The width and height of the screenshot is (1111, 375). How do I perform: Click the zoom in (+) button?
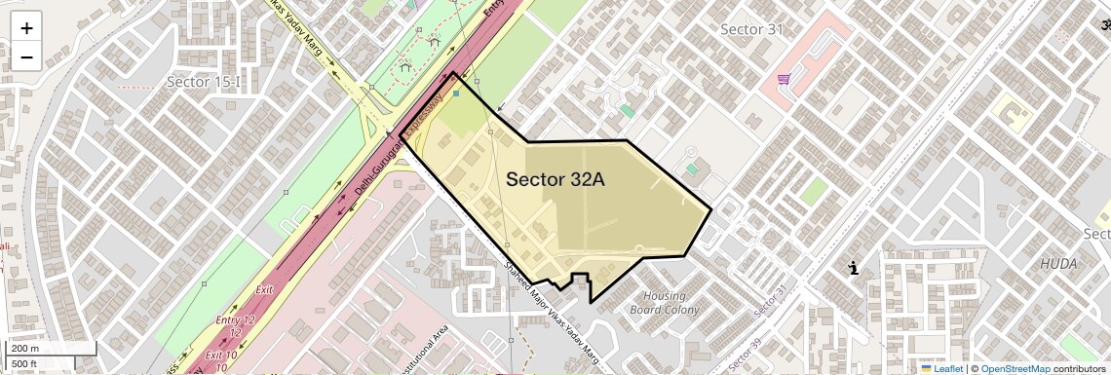coord(26,28)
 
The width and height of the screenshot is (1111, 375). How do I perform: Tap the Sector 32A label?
coord(555,179)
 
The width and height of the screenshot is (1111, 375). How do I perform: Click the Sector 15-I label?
coord(203,82)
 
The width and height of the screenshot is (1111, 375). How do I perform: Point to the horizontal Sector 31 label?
coord(751,29)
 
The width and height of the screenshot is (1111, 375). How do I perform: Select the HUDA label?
coord(1058,264)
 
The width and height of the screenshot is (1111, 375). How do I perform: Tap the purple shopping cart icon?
coord(784,80)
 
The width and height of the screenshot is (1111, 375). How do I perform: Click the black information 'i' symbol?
coord(854,268)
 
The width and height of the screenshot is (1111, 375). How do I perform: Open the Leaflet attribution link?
coord(941,368)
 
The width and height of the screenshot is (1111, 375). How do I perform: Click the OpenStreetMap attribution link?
coord(1015,368)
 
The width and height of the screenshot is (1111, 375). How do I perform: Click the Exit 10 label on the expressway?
coord(222,361)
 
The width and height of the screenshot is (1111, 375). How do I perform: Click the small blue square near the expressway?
coord(456,94)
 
